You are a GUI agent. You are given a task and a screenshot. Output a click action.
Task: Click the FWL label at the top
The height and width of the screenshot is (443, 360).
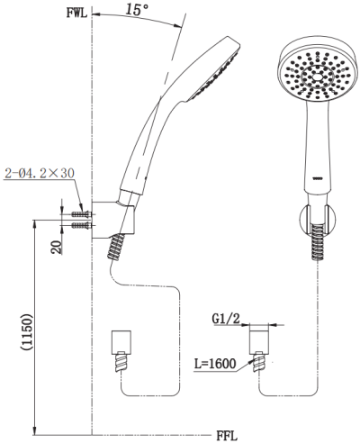(x=76, y=14)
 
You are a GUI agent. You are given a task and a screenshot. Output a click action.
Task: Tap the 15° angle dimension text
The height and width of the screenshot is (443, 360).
(x=136, y=9)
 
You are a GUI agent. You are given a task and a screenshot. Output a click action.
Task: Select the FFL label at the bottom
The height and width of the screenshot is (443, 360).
(x=227, y=436)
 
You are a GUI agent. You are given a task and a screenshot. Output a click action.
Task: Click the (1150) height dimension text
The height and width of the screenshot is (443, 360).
(x=26, y=331)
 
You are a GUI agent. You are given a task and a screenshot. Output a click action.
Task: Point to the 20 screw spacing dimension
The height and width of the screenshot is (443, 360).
(x=57, y=248)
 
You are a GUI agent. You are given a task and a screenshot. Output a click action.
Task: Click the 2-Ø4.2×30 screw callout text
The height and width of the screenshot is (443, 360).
(x=40, y=174)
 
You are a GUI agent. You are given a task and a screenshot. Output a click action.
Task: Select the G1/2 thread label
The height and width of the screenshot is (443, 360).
(x=226, y=319)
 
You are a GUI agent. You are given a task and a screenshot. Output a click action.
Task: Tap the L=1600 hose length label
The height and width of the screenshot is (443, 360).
(x=215, y=364)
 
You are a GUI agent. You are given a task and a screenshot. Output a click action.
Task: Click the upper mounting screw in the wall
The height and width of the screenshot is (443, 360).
(x=81, y=214)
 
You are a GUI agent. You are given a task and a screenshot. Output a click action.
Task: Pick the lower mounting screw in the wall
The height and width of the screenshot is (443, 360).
(x=81, y=225)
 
